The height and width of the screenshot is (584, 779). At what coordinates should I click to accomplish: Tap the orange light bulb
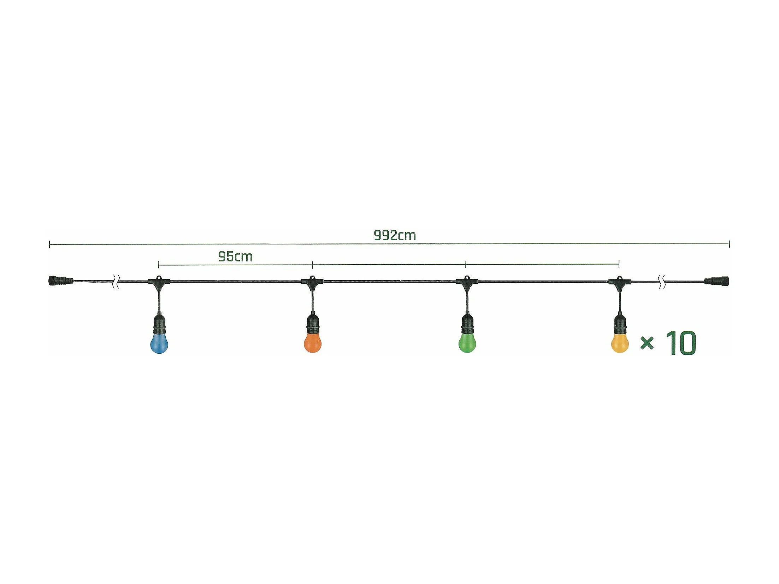click(313, 343)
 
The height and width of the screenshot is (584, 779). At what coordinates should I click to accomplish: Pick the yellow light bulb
click(620, 343)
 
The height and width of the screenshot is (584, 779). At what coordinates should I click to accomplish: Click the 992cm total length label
click(395, 236)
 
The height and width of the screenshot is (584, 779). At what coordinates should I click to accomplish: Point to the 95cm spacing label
click(235, 257)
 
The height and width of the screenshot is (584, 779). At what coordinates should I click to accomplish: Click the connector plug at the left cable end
click(60, 281)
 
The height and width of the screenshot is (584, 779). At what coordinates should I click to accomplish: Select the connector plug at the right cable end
click(716, 281)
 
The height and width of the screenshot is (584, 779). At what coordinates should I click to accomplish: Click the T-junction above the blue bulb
click(159, 282)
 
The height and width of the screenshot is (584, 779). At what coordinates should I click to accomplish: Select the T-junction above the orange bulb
click(312, 282)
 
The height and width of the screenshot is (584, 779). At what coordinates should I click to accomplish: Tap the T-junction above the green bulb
click(466, 282)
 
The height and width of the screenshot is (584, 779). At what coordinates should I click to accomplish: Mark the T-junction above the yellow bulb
click(619, 282)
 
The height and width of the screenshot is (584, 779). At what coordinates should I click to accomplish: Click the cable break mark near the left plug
click(116, 282)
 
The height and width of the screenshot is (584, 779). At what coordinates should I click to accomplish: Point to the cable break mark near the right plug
click(662, 282)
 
